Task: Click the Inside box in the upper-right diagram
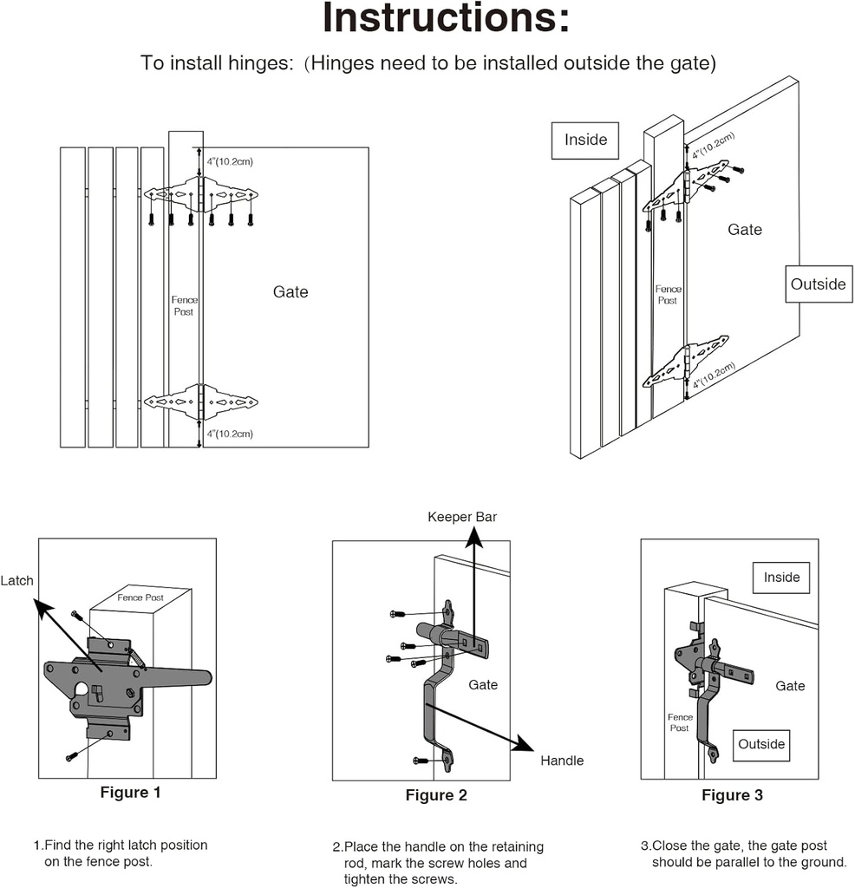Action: (x=586, y=140)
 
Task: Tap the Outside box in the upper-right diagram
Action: (x=818, y=284)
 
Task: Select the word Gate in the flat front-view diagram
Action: (x=290, y=292)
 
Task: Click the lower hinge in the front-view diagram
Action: (x=202, y=402)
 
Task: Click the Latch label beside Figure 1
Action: (x=16, y=580)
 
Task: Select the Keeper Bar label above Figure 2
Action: (x=462, y=517)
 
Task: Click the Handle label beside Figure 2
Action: (x=562, y=761)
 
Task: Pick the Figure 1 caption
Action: (x=130, y=792)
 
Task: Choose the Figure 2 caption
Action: (x=436, y=795)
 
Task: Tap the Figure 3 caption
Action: (x=732, y=795)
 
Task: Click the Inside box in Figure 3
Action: (x=781, y=578)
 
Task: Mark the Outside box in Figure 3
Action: (x=761, y=744)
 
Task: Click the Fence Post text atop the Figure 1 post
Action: (x=141, y=597)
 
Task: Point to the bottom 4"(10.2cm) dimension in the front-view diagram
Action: (x=229, y=434)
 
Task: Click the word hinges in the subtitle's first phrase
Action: (x=261, y=64)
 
